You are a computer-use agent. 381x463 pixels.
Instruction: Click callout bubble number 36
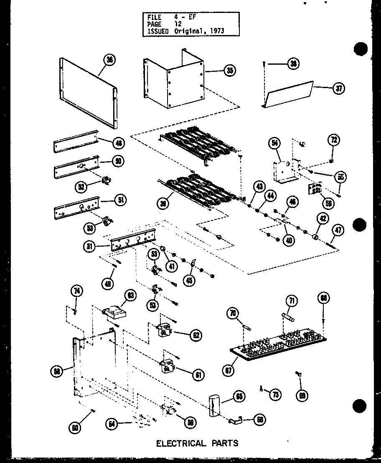pyautogui.click(x=110, y=60)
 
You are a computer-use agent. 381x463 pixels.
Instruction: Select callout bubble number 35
pyautogui.click(x=229, y=71)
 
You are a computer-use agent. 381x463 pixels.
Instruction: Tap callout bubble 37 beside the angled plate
pyautogui.click(x=339, y=89)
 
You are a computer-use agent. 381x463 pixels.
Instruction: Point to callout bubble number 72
pyautogui.click(x=334, y=140)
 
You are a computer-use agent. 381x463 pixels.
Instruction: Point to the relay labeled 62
pyautogui.click(x=165, y=331)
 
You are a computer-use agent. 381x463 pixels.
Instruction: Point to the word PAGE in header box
pyautogui.click(x=155, y=25)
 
